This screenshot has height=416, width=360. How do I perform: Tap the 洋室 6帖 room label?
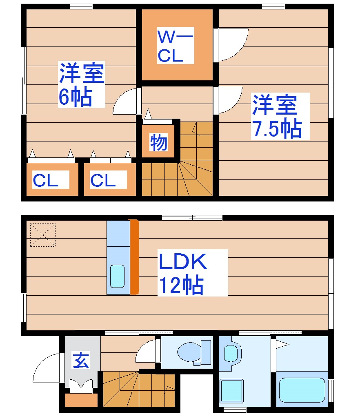tap(81, 84)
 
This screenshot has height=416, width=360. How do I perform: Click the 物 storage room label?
tap(158, 142)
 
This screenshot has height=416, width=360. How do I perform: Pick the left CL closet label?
tap(46, 180)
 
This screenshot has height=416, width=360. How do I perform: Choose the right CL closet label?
tap(103, 180)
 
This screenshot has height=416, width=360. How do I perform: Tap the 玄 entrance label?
tap(81, 361)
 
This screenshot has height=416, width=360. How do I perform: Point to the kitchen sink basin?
tap(118, 277)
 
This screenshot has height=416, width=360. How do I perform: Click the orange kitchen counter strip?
tap(135, 257)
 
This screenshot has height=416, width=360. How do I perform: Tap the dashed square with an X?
tap(43, 235)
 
